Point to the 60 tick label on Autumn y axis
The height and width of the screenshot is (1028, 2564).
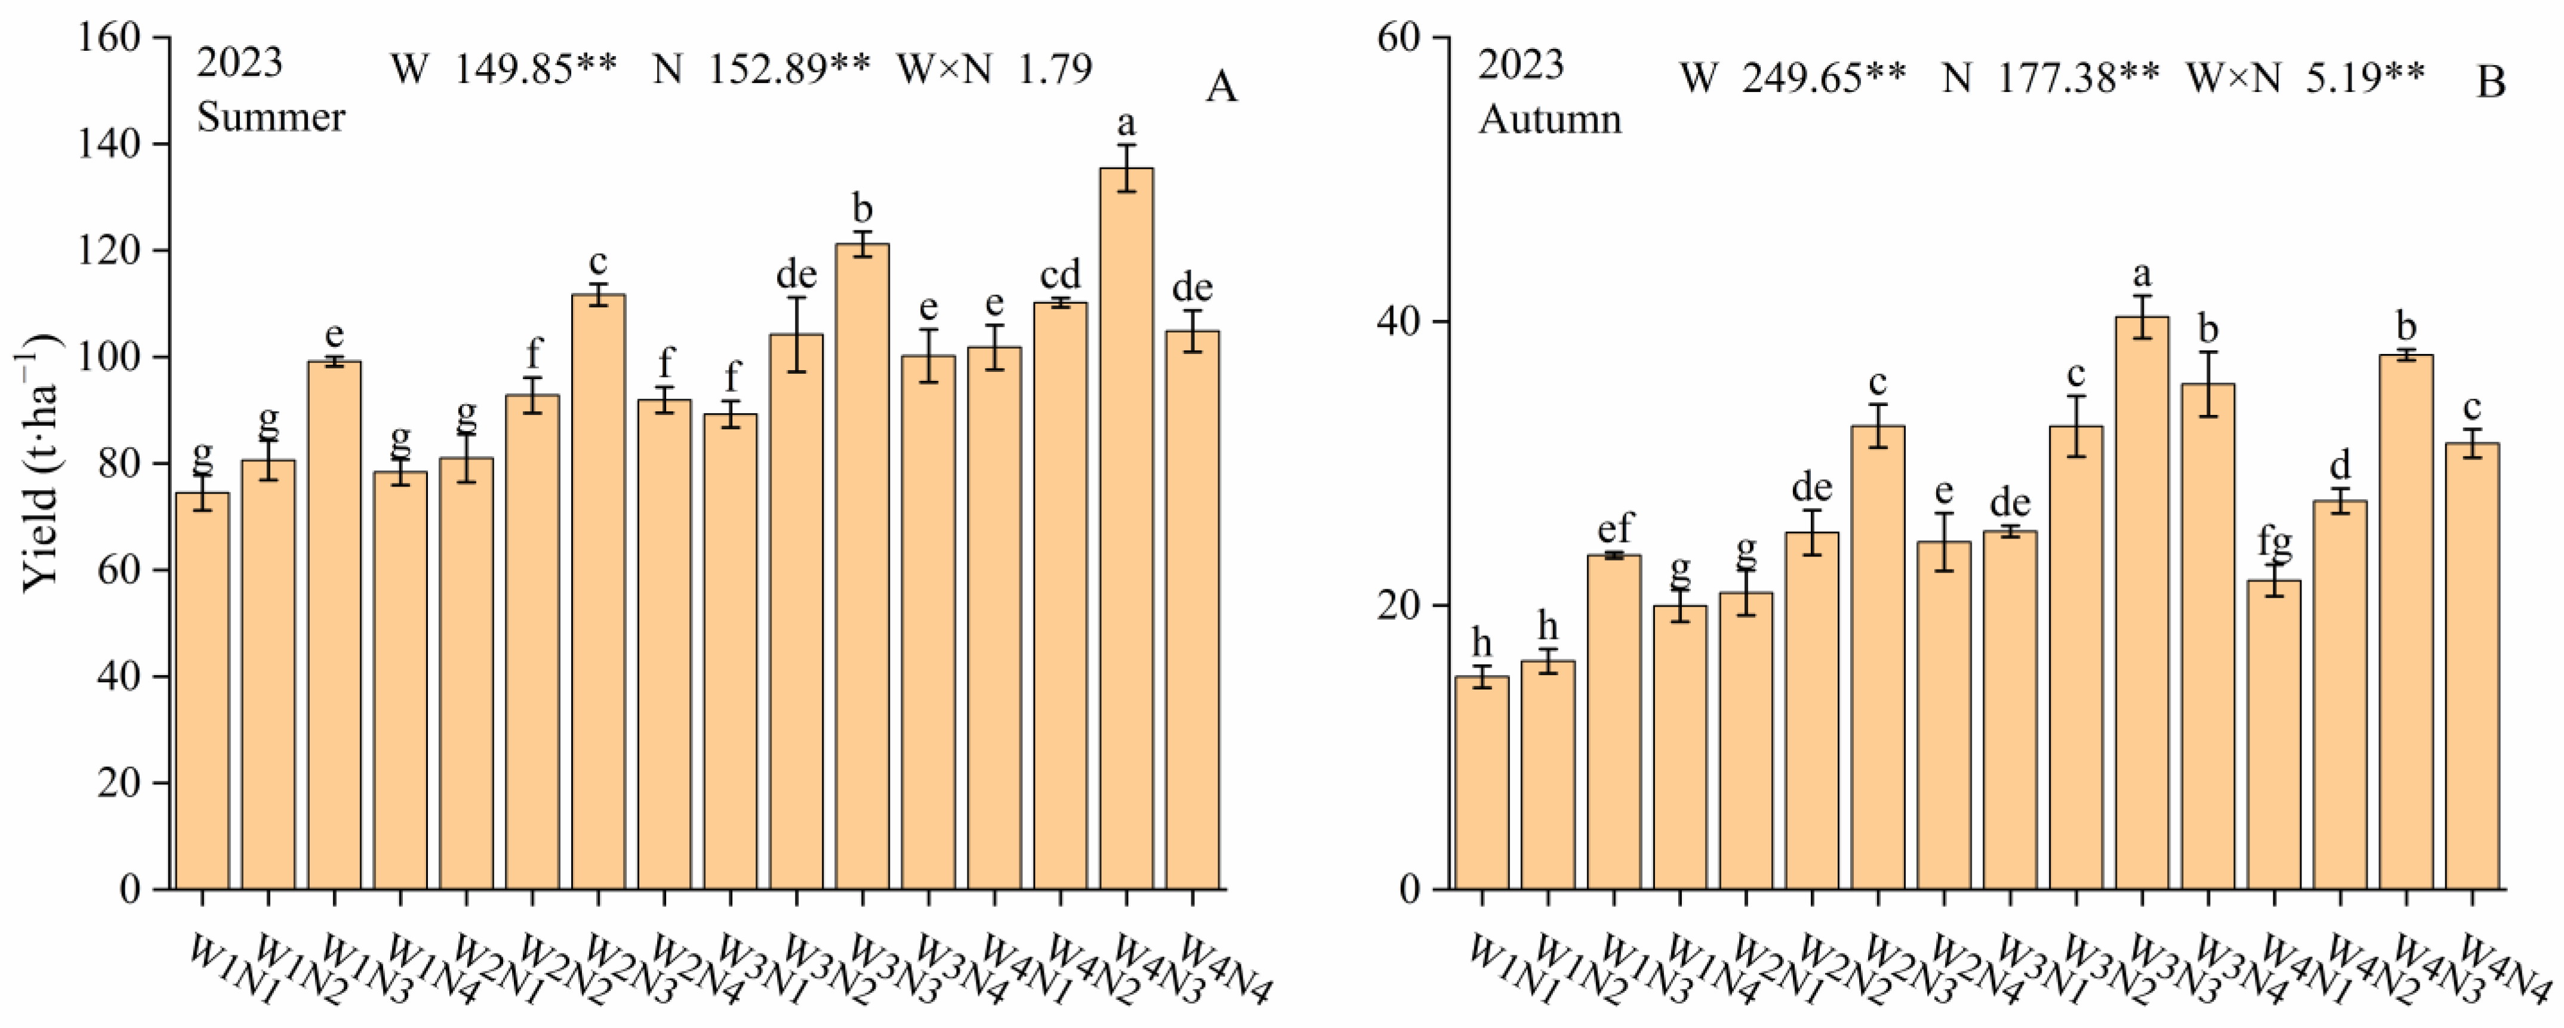tap(1401, 38)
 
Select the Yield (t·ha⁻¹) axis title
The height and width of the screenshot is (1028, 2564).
tap(40, 463)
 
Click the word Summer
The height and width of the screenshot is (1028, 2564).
tap(271, 118)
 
